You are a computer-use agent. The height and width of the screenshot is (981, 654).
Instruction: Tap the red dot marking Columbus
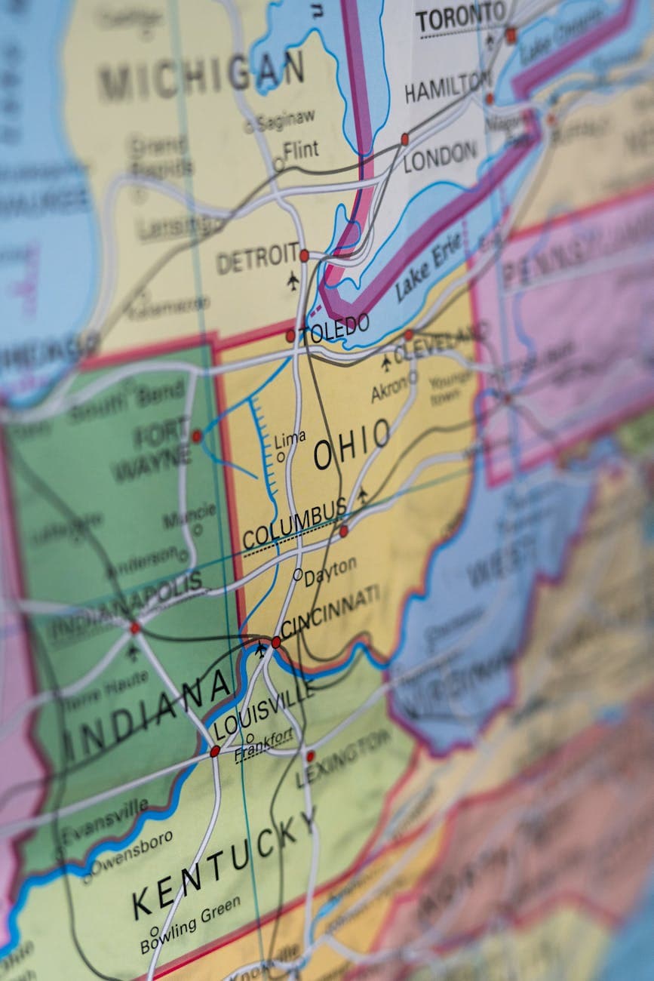point(344,531)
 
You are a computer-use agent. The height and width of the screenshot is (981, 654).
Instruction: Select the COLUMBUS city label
point(294,524)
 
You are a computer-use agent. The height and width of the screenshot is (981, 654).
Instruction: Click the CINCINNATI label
point(330,611)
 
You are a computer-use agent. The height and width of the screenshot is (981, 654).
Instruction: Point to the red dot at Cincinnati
point(276,642)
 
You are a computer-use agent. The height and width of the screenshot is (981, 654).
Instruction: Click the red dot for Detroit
point(304,256)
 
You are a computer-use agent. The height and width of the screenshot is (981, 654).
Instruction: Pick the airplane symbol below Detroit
point(293,281)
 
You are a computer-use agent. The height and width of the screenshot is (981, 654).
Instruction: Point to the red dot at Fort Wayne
point(197,436)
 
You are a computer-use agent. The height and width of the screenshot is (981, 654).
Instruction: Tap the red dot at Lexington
point(310,755)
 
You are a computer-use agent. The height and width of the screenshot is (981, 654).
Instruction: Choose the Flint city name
point(301,150)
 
